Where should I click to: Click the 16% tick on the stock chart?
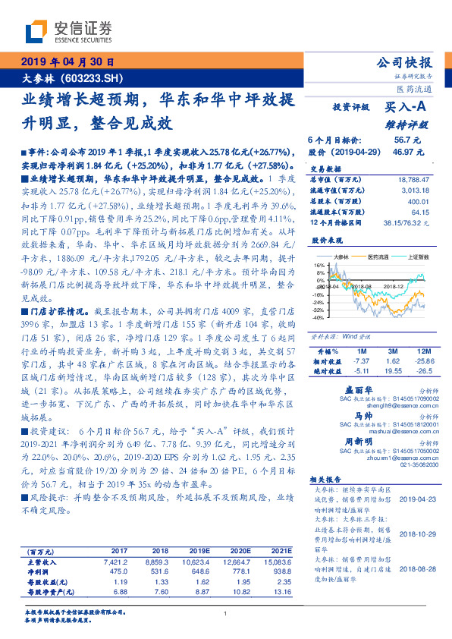319,264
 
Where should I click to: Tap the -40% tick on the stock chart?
318,317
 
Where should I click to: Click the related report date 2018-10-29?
413,532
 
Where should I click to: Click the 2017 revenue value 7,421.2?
118,562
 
